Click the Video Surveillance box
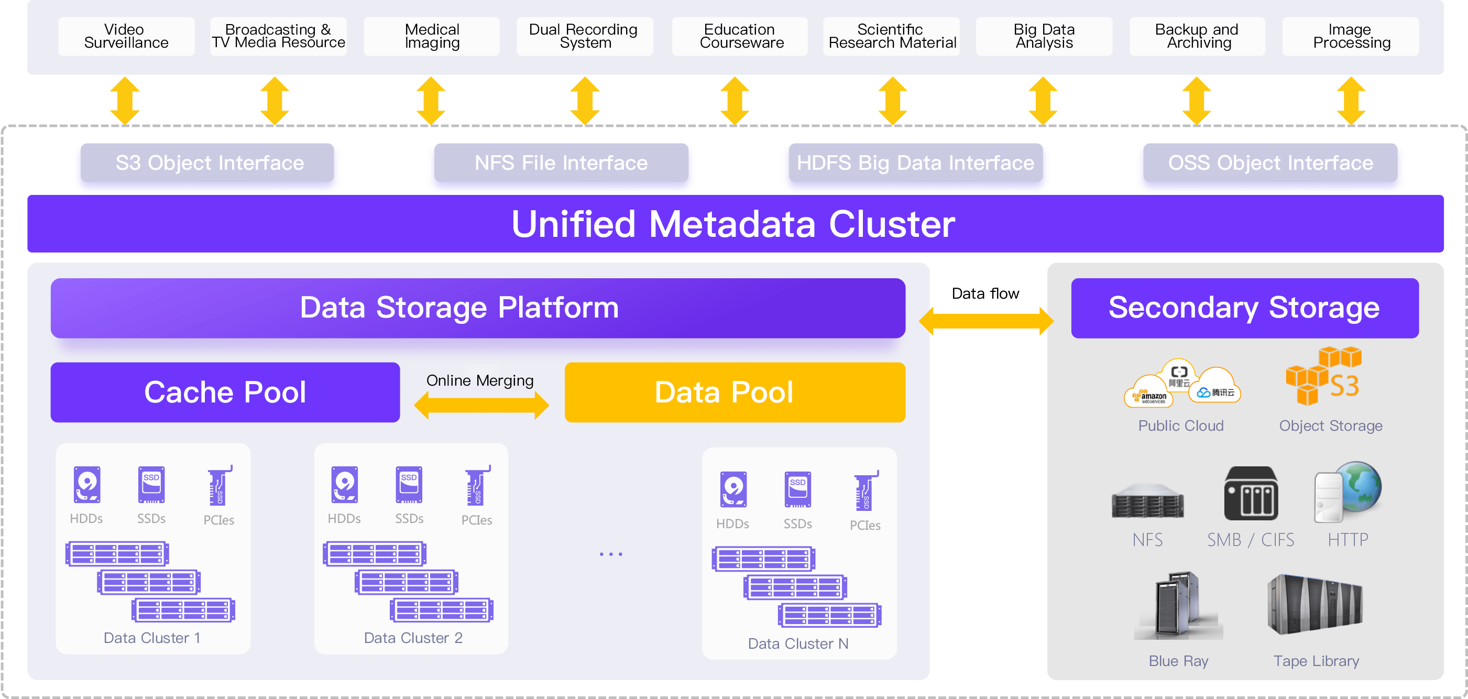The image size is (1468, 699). pyautogui.click(x=126, y=36)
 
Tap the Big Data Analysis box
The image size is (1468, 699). pyautogui.click(x=1044, y=36)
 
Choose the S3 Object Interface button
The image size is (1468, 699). pyautogui.click(x=207, y=162)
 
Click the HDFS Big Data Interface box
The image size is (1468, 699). pyautogui.click(x=915, y=162)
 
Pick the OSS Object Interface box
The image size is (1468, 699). pyautogui.click(x=1270, y=162)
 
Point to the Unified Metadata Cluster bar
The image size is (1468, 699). pyautogui.click(x=735, y=224)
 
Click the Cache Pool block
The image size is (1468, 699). pyautogui.click(x=225, y=392)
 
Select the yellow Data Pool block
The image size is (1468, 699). pyautogui.click(x=735, y=392)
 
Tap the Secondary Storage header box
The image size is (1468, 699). pyautogui.click(x=1245, y=308)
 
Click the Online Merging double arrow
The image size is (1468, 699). pyautogui.click(x=481, y=406)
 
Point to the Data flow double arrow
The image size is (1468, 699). pyautogui.click(x=986, y=321)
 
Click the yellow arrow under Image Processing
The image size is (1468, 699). pyautogui.click(x=1351, y=101)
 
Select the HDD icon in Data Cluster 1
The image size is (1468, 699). pyautogui.click(x=87, y=485)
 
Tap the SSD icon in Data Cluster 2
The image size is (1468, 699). pyautogui.click(x=409, y=485)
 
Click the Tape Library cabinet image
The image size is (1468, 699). pyautogui.click(x=1315, y=605)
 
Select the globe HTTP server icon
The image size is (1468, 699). pyautogui.click(x=1348, y=492)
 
